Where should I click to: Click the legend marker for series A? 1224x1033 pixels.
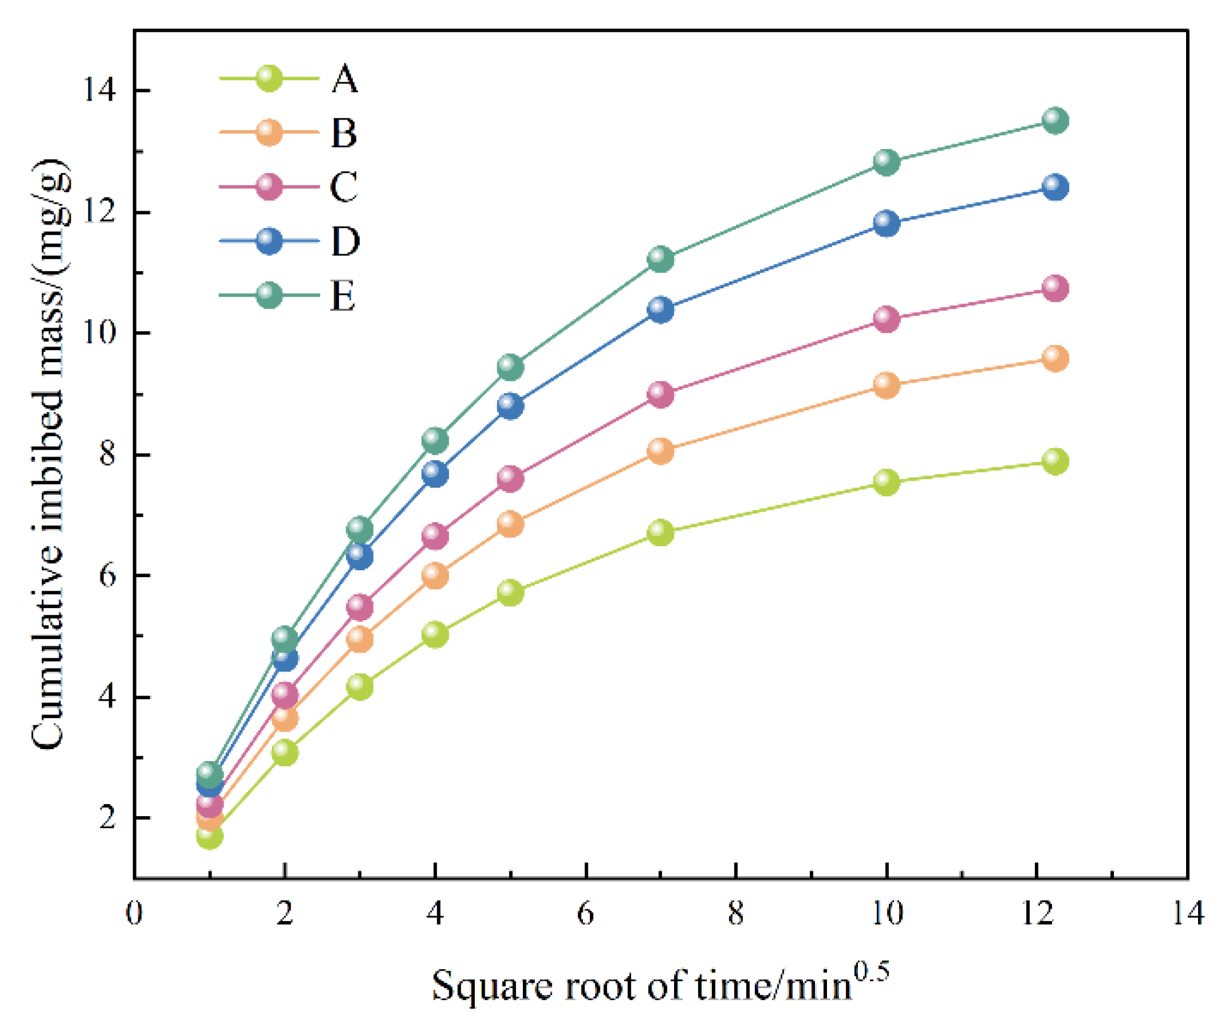[269, 78]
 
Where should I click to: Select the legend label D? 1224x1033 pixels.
[345, 241]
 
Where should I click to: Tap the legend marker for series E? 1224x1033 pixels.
[269, 295]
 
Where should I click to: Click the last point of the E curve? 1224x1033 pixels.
[1054, 120]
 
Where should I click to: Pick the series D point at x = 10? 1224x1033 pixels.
[886, 223]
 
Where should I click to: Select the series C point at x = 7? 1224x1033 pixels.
[660, 394]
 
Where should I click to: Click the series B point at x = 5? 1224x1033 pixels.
[510, 524]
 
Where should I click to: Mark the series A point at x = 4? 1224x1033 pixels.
[435, 634]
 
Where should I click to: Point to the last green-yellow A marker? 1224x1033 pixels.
[1054, 461]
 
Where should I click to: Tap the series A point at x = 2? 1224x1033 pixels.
[285, 752]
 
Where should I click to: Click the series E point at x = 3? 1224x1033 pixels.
[360, 529]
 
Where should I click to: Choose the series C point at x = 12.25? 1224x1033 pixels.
[1054, 288]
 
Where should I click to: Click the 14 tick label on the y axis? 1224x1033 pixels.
[99, 90]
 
